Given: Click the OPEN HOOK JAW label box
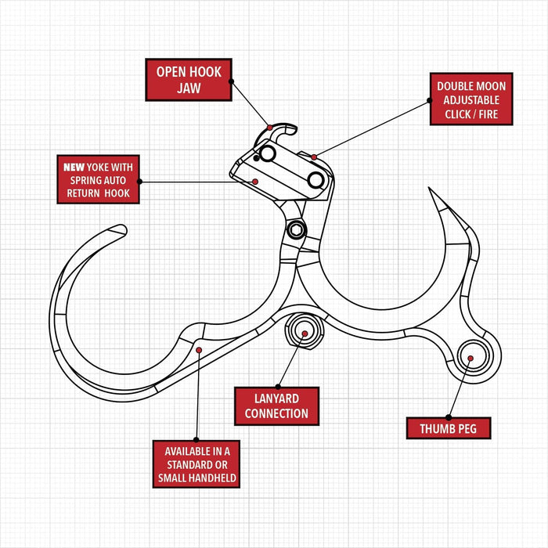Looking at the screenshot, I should pos(188,80).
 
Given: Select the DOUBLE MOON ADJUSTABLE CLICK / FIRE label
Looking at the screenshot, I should pos(471,99).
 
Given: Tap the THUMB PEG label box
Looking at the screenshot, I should pos(449,428).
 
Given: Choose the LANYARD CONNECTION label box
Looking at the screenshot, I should pos(276,406).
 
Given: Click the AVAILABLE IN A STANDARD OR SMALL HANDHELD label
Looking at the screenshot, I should pos(196,464).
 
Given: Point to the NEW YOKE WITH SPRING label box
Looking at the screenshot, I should pos(98,180).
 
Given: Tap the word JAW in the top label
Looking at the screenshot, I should pos(188,88).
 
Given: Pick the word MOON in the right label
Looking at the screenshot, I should pos(489,86).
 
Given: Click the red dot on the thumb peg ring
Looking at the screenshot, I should pos(470,359).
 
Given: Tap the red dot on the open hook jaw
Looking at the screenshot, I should pos(269,128).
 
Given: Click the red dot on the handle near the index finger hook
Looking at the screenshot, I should pos(200,349).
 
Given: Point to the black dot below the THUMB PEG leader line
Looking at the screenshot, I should pos(449,416).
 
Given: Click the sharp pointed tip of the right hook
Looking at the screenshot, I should pos(429,189).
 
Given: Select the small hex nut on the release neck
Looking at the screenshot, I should pos(296,229).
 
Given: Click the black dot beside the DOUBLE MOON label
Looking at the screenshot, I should pos(429,99).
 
